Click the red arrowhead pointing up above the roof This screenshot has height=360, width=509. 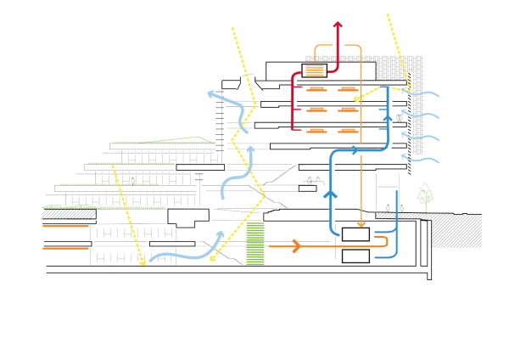click(x=338, y=25)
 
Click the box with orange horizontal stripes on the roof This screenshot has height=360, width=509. click(x=314, y=70)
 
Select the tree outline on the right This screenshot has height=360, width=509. click(x=425, y=197)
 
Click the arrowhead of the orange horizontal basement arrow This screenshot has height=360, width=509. click(x=296, y=246)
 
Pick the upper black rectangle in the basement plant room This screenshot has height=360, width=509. click(x=355, y=234)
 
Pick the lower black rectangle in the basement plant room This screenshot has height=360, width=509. click(x=355, y=256)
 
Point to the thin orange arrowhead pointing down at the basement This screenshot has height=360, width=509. click(x=361, y=224)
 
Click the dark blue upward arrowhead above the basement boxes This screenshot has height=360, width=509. click(x=330, y=194)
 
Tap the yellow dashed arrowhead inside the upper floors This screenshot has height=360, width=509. click(x=356, y=99)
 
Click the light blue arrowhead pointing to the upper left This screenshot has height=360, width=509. click(x=212, y=94)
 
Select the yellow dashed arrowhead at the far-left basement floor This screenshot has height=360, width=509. click(x=143, y=263)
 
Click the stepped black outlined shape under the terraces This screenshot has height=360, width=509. click(x=187, y=217)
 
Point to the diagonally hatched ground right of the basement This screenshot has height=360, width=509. click(x=458, y=230)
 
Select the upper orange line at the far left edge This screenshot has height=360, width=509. click(x=65, y=226)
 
